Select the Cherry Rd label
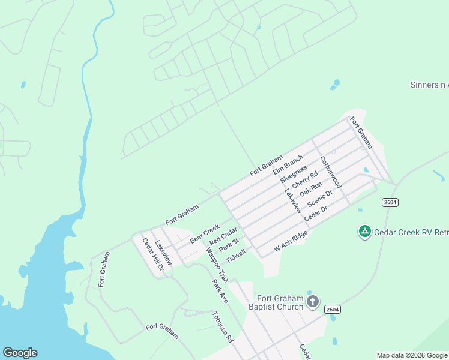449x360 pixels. point(305,180)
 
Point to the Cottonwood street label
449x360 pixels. point(330,172)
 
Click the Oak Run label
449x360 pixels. point(311,189)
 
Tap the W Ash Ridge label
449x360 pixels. point(291,241)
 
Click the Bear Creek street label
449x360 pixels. point(205,233)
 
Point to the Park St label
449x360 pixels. point(229,246)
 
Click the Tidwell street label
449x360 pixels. point(235,256)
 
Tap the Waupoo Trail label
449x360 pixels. point(217,265)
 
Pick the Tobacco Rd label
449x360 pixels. point(222,326)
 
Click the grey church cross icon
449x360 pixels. point(312,301)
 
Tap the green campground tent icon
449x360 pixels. point(364,231)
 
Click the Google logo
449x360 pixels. point(20,353)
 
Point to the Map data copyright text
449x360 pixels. point(412,355)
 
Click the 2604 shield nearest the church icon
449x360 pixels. point(333,309)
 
